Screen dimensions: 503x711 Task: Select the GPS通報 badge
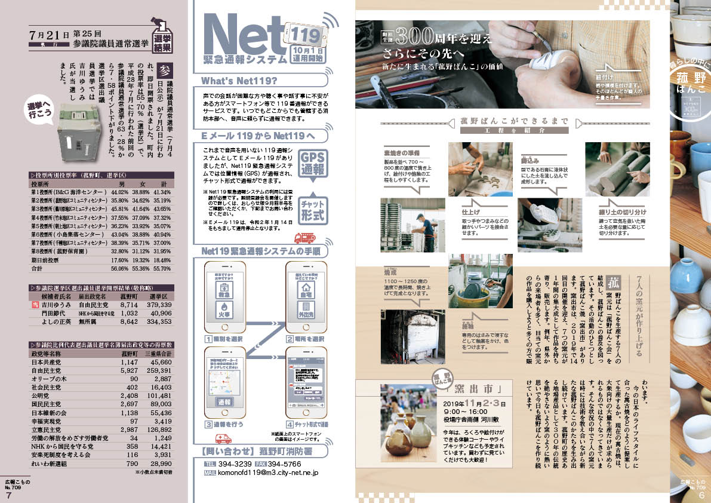click(x=312, y=162)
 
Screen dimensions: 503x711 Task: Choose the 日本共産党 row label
click(x=47, y=362)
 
